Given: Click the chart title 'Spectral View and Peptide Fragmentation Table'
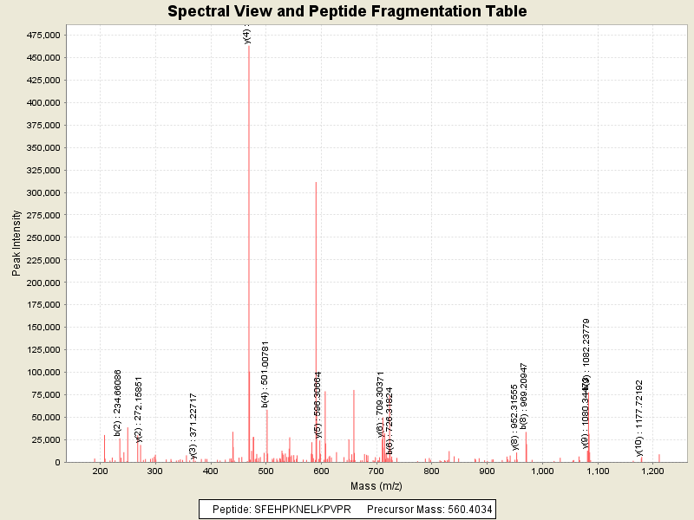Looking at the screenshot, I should (347, 11).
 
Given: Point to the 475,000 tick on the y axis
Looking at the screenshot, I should (42, 35).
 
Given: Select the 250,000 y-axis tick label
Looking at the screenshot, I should (42, 237).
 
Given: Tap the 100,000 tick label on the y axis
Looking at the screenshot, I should (42, 373).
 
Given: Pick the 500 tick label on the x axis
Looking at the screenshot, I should (266, 471).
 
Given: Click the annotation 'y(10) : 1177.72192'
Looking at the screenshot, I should (639, 418).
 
